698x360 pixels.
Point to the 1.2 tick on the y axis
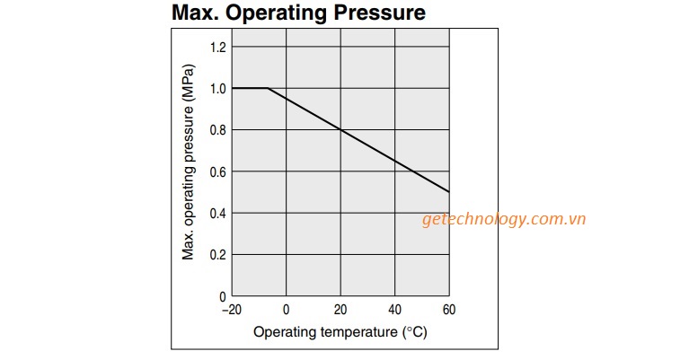point(218,47)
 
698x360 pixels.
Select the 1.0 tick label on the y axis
point(218,88)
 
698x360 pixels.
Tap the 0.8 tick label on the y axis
point(218,130)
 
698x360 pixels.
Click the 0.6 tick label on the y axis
point(218,171)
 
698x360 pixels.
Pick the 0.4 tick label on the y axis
point(218,213)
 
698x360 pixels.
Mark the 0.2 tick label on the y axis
point(218,254)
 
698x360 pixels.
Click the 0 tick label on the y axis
point(223,295)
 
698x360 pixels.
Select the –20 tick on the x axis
point(231,310)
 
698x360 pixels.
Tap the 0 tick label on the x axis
point(287,310)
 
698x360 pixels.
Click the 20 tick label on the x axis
point(340,310)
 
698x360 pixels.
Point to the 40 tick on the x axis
point(395,310)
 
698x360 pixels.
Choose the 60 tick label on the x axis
point(449,310)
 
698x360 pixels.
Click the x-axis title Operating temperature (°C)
point(340,332)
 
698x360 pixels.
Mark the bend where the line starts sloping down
point(268,88)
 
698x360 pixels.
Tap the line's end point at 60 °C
point(449,192)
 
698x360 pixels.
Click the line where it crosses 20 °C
point(340,130)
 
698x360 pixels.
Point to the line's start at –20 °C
point(233,88)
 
